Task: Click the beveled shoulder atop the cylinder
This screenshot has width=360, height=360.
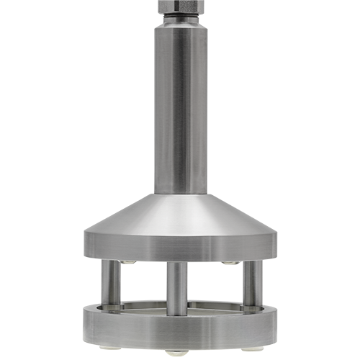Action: [x=180, y=25]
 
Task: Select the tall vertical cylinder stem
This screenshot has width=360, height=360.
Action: [x=180, y=108]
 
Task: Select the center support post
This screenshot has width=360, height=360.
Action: [x=177, y=288]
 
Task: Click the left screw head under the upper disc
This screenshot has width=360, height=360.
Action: [x=129, y=262]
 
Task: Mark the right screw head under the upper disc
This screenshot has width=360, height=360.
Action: [x=230, y=262]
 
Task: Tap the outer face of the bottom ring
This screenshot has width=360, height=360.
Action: [x=180, y=330]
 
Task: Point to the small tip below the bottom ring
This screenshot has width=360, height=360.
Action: [x=180, y=353]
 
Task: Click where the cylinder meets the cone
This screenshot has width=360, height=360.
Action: [x=180, y=194]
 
